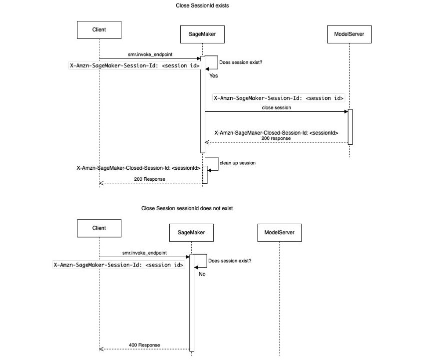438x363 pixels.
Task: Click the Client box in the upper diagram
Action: tap(99, 30)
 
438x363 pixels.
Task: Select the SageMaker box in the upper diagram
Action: tap(202, 34)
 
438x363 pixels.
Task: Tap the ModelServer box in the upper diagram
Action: tap(349, 34)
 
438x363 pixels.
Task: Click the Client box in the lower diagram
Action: tap(99, 228)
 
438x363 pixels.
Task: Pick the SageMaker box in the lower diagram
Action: tap(191, 233)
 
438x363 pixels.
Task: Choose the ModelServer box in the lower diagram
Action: tap(279, 233)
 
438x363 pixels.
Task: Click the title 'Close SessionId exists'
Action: tap(202, 5)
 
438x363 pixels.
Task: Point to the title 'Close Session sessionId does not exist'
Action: tap(187, 208)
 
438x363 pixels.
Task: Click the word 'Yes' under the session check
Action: tap(214, 76)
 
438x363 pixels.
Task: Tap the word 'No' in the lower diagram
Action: tap(202, 274)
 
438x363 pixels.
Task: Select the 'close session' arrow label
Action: tap(277, 108)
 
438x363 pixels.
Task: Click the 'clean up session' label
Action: tap(237, 163)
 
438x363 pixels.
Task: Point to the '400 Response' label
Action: tap(144, 345)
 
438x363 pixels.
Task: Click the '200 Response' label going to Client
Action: tap(149, 179)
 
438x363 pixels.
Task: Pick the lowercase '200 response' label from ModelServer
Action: tap(276, 138)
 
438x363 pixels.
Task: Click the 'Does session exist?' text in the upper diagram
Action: tap(241, 62)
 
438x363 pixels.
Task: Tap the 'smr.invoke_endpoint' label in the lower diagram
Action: tap(144, 253)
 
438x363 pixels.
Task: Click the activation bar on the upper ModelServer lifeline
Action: tap(350, 127)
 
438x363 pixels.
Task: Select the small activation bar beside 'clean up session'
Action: tap(205, 175)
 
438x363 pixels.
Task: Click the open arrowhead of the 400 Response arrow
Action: tap(101, 349)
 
